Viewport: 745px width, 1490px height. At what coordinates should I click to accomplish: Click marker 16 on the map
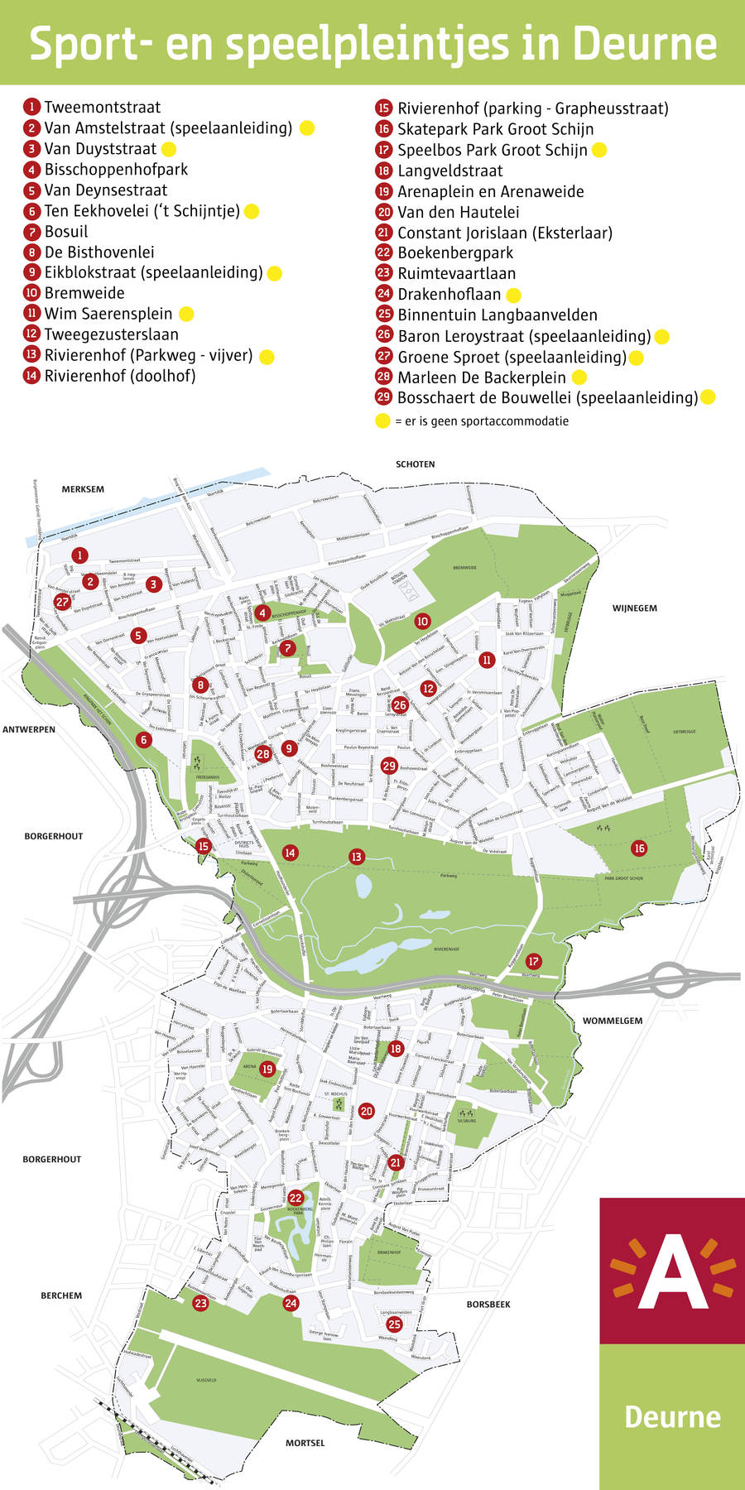pos(639,848)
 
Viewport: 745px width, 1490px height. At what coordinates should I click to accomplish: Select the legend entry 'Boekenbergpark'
pos(455,253)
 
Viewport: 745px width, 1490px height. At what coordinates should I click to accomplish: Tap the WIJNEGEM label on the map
pos(635,608)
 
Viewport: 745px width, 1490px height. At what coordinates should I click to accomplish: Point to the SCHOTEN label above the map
pos(415,464)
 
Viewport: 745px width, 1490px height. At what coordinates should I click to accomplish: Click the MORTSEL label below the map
pos(305,1443)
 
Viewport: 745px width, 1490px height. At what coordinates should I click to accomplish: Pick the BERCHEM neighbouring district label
pos(61,1295)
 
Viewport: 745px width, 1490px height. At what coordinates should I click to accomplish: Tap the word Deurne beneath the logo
pos(672,1416)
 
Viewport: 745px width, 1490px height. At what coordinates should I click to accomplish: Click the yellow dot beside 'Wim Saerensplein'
pos(186,314)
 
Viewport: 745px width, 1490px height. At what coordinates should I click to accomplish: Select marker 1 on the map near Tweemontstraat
pos(79,555)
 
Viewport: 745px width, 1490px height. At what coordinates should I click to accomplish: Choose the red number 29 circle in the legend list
pos(383,398)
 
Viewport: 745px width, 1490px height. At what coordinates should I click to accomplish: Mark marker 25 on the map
pos(394,1324)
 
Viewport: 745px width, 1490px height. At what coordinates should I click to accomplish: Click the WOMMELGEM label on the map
pos(613,1021)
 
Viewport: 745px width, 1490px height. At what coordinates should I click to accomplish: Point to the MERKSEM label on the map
pos(83,489)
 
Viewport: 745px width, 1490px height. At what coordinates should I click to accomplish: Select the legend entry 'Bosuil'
pos(66,232)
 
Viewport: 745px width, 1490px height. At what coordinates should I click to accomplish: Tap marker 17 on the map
pos(534,961)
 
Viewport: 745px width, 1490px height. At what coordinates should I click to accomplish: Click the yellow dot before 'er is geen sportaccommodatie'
pos(382,421)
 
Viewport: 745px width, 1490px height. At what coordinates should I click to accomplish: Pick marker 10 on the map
pos(422,621)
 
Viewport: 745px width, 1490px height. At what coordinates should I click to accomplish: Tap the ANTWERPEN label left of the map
pos(29,729)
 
